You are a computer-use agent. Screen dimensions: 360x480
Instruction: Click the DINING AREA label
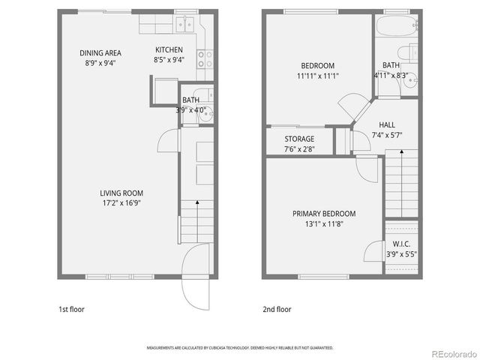101,52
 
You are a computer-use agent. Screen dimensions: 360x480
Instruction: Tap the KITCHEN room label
169,49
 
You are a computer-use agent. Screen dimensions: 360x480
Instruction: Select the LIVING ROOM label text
121,193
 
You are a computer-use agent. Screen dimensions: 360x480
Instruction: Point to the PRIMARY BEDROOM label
324,214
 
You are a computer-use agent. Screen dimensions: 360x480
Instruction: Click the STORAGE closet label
299,139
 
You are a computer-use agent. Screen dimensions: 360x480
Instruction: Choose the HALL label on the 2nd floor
387,125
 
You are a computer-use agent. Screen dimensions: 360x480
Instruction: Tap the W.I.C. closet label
400,244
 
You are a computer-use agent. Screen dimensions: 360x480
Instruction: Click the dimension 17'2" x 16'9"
121,203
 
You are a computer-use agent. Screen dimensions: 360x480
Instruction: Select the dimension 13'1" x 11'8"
324,223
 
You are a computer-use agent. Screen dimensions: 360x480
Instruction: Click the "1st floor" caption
73,309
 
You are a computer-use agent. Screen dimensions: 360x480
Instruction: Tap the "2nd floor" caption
277,309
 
